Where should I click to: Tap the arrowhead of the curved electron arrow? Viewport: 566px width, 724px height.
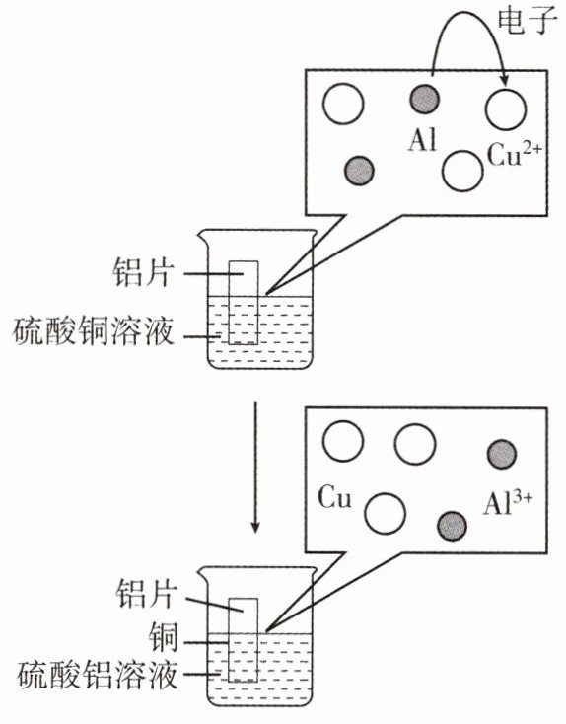click(505, 80)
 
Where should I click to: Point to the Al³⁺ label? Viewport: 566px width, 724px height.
click(508, 503)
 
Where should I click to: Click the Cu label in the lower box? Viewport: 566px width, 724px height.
click(334, 498)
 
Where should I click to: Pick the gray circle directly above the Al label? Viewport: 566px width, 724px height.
click(425, 100)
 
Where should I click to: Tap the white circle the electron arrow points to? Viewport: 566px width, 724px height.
click(506, 109)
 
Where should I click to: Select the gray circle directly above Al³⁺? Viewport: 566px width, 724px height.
click(502, 455)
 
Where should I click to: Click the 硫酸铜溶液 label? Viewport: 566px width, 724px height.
click(93, 331)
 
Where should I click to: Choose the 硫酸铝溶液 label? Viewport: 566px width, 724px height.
click(97, 675)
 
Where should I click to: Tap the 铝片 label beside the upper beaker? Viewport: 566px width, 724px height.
click(144, 273)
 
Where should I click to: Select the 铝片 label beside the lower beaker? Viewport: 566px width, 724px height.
click(147, 594)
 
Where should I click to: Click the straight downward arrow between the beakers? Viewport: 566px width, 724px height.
click(255, 467)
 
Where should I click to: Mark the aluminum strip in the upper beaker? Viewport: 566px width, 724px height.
click(244, 303)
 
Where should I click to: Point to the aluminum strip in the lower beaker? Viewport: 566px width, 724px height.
click(244, 640)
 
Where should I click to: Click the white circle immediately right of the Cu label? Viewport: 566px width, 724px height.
click(385, 514)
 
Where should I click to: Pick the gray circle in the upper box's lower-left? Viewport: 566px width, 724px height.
click(359, 171)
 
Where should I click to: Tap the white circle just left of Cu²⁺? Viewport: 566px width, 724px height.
click(462, 171)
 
